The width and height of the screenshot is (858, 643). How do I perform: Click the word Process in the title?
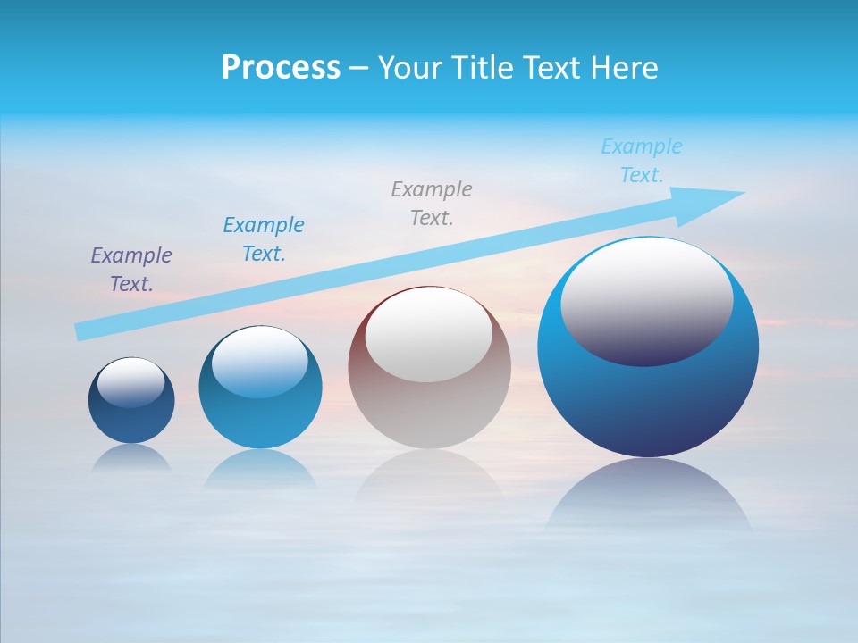[281, 68]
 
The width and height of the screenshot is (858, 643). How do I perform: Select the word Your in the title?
[409, 68]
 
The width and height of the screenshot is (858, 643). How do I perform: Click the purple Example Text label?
[131, 270]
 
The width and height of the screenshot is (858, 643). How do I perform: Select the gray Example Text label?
[432, 204]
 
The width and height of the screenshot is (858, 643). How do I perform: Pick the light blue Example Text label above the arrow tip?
[642, 161]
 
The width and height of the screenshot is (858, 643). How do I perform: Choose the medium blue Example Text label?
[264, 239]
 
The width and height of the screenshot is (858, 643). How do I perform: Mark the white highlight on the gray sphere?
[429, 333]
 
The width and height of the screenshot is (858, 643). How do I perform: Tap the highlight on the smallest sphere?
[131, 382]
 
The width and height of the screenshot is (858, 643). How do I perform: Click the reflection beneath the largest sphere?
[648, 496]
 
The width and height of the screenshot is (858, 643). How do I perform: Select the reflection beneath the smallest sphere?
[131, 457]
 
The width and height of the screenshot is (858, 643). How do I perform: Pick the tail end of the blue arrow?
[82, 331]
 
